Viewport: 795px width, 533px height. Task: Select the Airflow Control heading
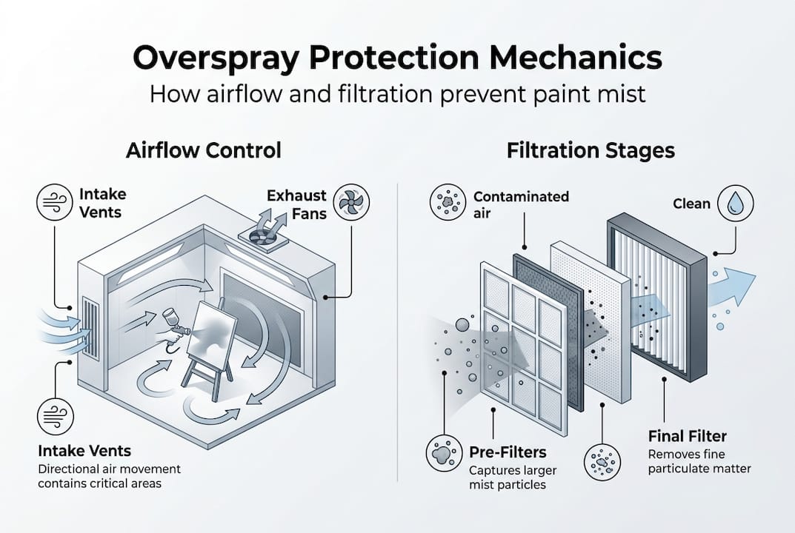pyautogui.click(x=203, y=151)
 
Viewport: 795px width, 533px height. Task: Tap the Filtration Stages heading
pyautogui.click(x=591, y=151)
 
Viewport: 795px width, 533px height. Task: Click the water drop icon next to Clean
pyautogui.click(x=735, y=202)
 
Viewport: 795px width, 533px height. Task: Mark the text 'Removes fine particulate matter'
pyautogui.click(x=699, y=461)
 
